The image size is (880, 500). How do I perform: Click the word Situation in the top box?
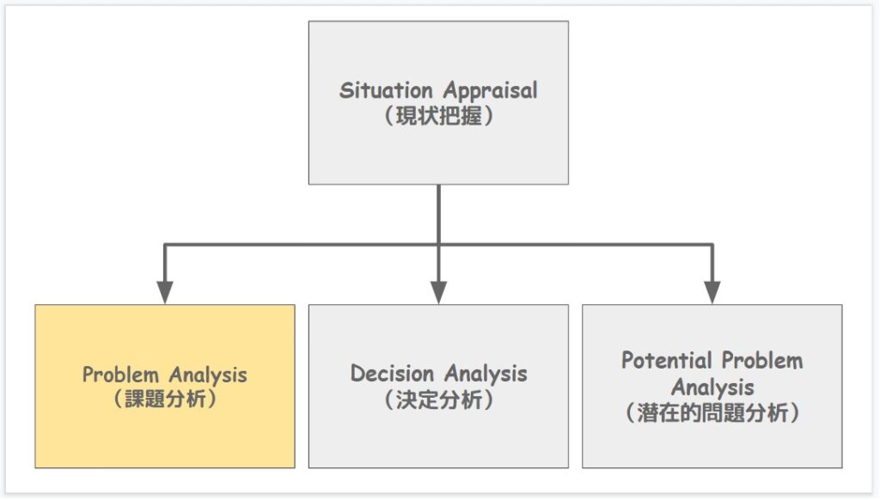coord(386,90)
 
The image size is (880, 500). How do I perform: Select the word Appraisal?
coord(491,91)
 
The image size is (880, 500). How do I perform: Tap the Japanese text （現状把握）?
coord(438,116)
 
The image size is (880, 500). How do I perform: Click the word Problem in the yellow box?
coord(120,375)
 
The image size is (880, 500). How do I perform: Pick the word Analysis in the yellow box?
coord(208,375)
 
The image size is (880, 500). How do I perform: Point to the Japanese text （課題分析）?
coord(165,399)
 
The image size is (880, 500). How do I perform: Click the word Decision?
coord(392,373)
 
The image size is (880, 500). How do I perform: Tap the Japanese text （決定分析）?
coord(438,400)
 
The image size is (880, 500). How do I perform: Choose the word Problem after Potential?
coord(762,361)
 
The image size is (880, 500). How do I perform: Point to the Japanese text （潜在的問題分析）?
coord(712,413)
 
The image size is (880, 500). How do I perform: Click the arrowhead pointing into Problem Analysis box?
coord(164,292)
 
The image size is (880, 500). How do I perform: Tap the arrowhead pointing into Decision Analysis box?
coord(438,292)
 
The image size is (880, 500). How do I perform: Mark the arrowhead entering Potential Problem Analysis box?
coord(712,292)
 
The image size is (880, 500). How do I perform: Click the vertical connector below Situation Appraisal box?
coord(438,215)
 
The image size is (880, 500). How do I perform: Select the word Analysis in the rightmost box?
coord(712,387)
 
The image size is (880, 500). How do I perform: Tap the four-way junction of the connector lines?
coord(438,245)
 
